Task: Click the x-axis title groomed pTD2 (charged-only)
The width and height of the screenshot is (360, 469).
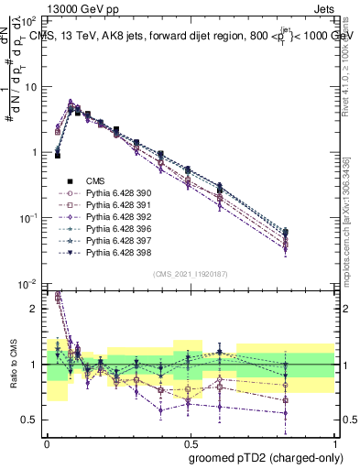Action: (265, 457)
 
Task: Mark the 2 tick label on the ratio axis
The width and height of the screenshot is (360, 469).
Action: (35, 309)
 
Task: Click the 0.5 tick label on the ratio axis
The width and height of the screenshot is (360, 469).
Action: (29, 420)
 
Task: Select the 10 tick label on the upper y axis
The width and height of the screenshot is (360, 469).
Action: (31, 87)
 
